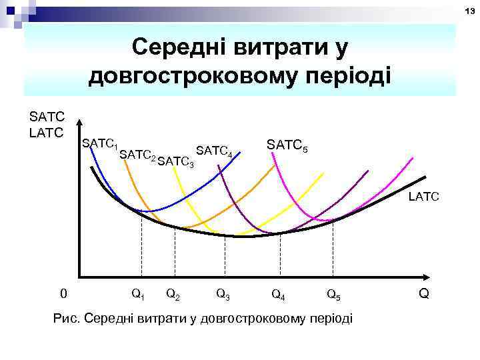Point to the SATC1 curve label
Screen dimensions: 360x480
[99, 143]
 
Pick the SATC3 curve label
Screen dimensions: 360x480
[177, 162]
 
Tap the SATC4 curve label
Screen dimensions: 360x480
[214, 152]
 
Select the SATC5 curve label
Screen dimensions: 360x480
[287, 145]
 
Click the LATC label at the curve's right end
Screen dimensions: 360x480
[424, 197]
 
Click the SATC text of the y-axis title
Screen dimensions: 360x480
[44, 117]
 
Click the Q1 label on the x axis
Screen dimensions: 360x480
[139, 293]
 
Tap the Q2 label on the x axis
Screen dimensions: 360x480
[173, 293]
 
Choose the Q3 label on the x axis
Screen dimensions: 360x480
[224, 293]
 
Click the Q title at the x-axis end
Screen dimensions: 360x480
[423, 293]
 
